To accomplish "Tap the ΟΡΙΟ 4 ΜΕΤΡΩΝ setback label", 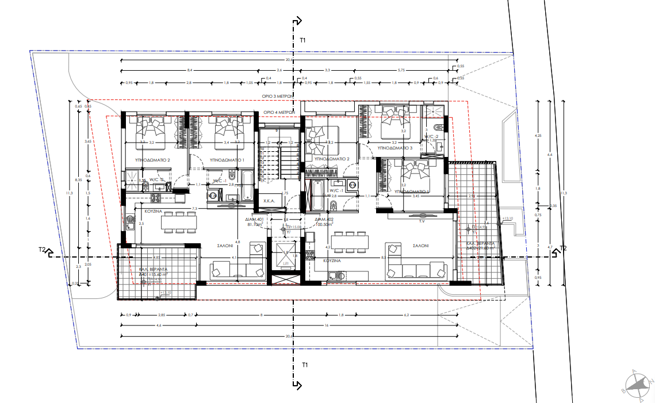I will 279,112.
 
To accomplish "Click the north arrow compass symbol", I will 637,384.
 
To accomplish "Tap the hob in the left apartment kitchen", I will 155,198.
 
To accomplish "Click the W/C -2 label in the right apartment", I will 432,137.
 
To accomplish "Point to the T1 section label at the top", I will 303,40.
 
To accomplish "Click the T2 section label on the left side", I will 42,250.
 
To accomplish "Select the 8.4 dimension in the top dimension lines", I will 190,70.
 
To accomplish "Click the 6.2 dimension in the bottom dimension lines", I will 406,315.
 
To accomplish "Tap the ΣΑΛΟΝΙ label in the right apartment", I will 420,245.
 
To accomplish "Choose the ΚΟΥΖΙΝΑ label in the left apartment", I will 148,212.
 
